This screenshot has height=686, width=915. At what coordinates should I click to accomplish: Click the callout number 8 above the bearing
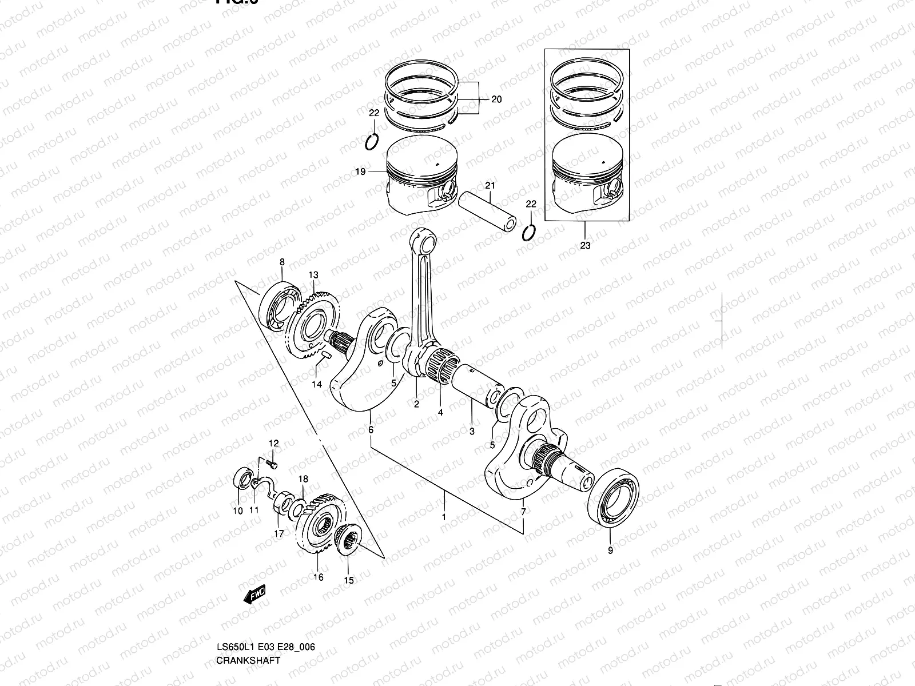(x=281, y=262)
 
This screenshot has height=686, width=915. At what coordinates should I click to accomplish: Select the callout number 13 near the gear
(x=313, y=275)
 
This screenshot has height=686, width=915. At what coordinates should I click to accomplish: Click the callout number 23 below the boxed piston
(x=585, y=246)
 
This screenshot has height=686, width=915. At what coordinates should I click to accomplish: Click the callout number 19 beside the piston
(x=360, y=171)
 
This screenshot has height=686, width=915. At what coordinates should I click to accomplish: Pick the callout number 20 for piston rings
(x=496, y=99)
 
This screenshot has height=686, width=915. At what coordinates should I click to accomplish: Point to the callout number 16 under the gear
(x=319, y=577)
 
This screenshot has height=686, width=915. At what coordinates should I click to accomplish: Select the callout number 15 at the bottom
(x=349, y=580)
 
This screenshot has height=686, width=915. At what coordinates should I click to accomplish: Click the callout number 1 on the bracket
(x=443, y=517)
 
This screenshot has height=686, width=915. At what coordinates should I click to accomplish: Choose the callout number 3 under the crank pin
(x=472, y=432)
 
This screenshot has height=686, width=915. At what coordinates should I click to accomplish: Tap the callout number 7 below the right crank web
(x=523, y=511)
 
